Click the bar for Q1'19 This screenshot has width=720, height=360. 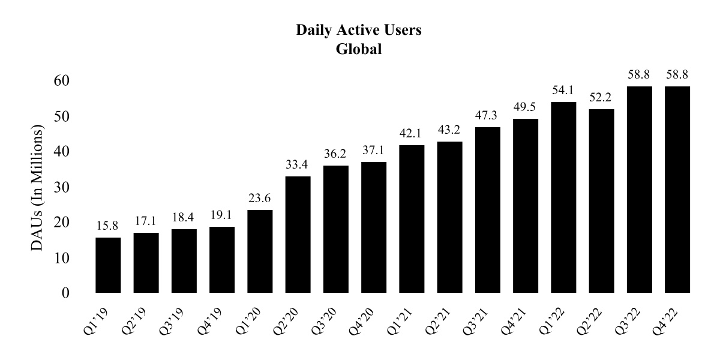108,265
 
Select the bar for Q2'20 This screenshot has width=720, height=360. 298,235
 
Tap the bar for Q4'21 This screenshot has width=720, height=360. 526,206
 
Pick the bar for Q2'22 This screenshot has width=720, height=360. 601,201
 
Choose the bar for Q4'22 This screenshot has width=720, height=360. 677,190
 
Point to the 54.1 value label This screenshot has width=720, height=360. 563,91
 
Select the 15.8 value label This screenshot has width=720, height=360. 108,227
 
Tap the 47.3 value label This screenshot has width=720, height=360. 487,116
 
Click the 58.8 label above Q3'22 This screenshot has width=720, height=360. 640,76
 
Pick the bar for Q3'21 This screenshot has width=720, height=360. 487,210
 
